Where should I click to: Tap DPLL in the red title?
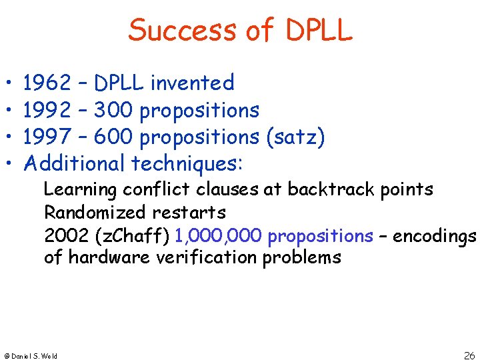318,31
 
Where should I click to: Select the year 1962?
47,83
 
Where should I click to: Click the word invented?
192,83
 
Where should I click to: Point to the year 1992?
47,110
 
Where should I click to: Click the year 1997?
47,137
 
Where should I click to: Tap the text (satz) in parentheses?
295,137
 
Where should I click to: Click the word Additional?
74,163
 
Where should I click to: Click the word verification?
207,257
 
